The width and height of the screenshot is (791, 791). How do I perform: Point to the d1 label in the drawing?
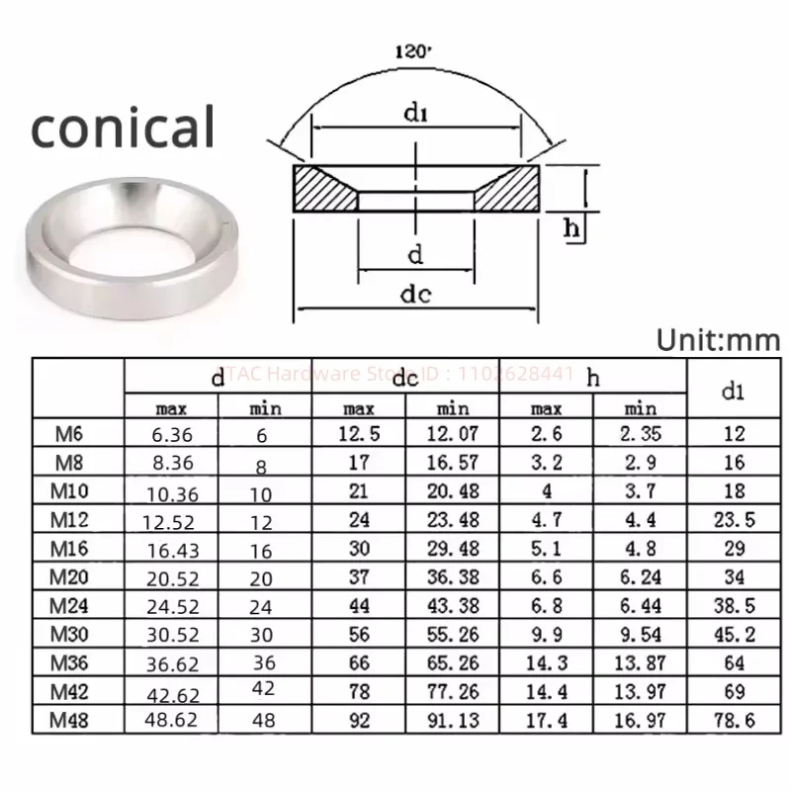click(x=415, y=115)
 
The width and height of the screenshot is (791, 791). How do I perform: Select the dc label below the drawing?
click(x=415, y=294)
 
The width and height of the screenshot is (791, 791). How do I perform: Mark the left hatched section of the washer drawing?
click(x=324, y=188)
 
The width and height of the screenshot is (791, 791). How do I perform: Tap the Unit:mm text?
click(x=719, y=340)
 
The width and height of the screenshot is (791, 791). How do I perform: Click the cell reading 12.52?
click(x=171, y=520)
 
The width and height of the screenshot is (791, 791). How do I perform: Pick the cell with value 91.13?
click(x=453, y=721)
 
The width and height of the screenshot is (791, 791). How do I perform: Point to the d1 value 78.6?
click(x=733, y=721)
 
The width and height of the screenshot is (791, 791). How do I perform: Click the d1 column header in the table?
click(x=733, y=391)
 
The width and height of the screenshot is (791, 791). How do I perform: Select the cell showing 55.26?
click(x=453, y=635)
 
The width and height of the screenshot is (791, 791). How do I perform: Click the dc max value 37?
click(x=358, y=577)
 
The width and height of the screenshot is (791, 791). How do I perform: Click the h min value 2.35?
click(x=640, y=432)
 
